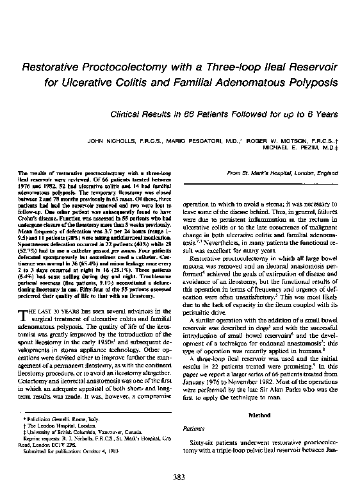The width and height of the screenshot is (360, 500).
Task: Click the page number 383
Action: (x=180, y=477)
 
